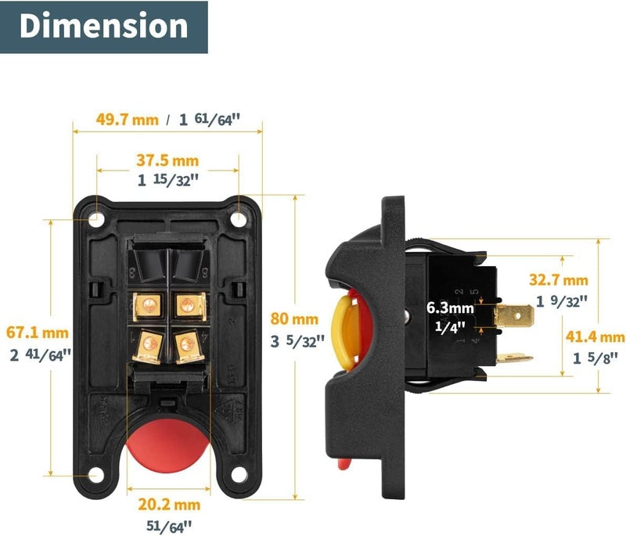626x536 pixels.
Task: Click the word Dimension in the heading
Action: [104, 26]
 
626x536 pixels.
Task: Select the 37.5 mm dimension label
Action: [167, 160]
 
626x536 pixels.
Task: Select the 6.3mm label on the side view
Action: [450, 308]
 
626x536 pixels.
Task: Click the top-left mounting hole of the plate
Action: [95, 220]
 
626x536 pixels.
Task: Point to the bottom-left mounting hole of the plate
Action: [95, 474]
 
